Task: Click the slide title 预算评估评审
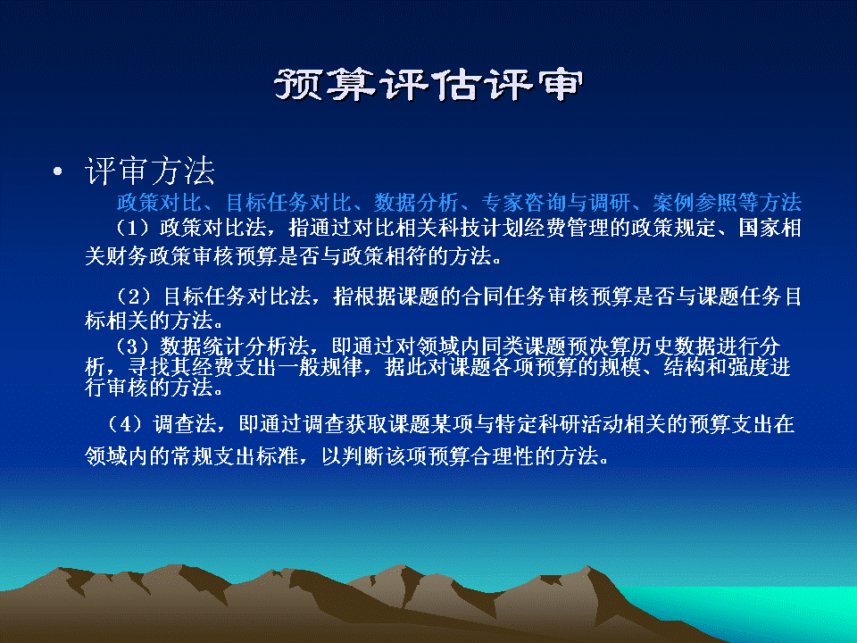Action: pyautogui.click(x=428, y=86)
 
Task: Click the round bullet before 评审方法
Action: pyautogui.click(x=58, y=172)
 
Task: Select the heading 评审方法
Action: pyautogui.click(x=150, y=171)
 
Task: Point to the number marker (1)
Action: pyautogui.click(x=132, y=228)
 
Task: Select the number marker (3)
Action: pyautogui.click(x=132, y=347)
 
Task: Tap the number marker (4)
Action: pyautogui.click(x=125, y=423)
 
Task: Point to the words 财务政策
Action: pyautogui.click(x=150, y=256)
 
